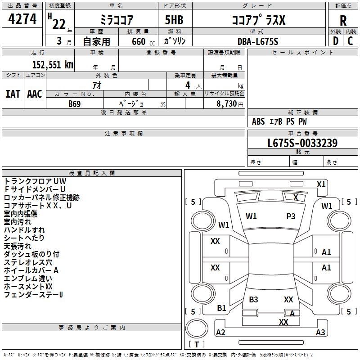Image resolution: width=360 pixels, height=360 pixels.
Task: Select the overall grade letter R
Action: [x=343, y=20]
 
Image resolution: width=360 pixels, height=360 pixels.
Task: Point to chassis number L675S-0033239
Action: [x=302, y=143]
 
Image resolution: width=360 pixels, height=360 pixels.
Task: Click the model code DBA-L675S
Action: [x=258, y=41]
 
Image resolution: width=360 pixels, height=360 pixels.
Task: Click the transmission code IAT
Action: [x=13, y=94]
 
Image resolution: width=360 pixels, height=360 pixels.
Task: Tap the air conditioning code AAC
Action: [x=35, y=94]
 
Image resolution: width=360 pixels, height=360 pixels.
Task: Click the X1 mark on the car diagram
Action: [x=321, y=184]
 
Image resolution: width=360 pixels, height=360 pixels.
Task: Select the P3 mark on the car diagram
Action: [x=291, y=216]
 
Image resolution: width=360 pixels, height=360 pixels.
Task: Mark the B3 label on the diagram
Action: [x=253, y=299]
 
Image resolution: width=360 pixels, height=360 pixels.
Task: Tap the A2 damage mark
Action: [x=220, y=333]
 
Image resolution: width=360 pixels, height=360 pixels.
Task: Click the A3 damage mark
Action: [x=320, y=333]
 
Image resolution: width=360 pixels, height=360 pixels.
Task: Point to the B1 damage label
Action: [x=221, y=308]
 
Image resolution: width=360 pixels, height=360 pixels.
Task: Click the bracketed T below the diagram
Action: [x=197, y=344]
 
